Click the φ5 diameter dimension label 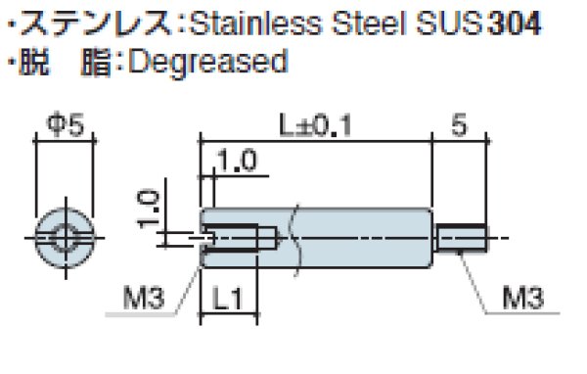coord(66,124)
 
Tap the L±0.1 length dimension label coord(316,125)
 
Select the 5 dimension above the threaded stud coord(460,125)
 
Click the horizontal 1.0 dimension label coord(237,161)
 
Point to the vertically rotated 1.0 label coord(149,210)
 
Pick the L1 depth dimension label coord(227,299)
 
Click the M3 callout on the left coord(144,298)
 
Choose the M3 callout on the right coord(522,298)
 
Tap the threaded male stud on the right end coord(461,238)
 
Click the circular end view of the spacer coord(66,238)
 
